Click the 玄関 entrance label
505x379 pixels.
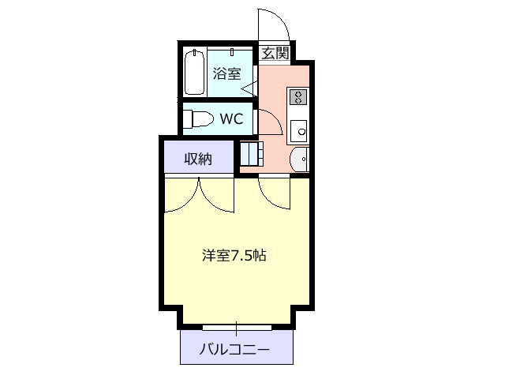tap(275, 53)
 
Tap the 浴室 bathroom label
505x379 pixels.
tap(226, 73)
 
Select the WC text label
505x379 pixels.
tap(231, 119)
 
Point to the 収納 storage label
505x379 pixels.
tap(198, 159)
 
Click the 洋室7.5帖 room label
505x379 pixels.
tap(234, 256)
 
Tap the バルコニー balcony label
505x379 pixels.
tap(234, 349)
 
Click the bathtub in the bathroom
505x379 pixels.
tap(195, 72)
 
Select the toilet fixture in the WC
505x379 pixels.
tap(198, 119)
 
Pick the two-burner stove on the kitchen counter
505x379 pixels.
tap(298, 97)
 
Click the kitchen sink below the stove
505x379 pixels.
tap(298, 131)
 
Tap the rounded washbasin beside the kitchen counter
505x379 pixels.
tap(300, 159)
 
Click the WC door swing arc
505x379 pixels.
tap(275, 117)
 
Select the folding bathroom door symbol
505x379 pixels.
tap(249, 88)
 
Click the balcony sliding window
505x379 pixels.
tap(237, 328)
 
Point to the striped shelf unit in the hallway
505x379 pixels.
tap(252, 154)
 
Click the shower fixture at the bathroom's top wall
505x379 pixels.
tap(232, 52)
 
